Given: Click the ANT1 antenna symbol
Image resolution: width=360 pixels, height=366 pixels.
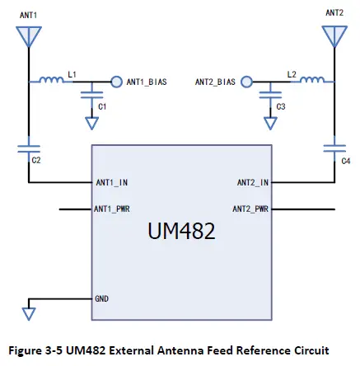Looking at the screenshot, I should (29, 36).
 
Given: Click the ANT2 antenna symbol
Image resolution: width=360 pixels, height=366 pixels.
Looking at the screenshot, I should (333, 36).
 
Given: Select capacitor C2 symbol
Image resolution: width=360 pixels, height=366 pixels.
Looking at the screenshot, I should (29, 149).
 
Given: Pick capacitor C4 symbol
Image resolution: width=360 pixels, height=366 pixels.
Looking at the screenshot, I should (333, 149).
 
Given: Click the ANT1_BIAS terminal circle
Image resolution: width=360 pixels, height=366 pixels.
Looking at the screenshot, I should (116, 82).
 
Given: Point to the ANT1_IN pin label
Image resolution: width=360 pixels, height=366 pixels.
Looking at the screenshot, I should (111, 182).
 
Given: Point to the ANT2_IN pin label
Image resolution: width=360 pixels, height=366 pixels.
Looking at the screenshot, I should (253, 182).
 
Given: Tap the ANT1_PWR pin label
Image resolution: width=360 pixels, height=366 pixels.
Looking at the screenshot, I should (113, 209).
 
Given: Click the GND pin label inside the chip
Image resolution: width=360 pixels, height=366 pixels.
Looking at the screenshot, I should (102, 298).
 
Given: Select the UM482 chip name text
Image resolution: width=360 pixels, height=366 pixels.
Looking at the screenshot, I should (181, 232).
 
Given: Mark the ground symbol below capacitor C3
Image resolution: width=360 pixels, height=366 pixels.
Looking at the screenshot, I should (269, 124).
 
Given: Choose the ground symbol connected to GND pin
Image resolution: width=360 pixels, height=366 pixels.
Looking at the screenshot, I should (29, 313).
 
